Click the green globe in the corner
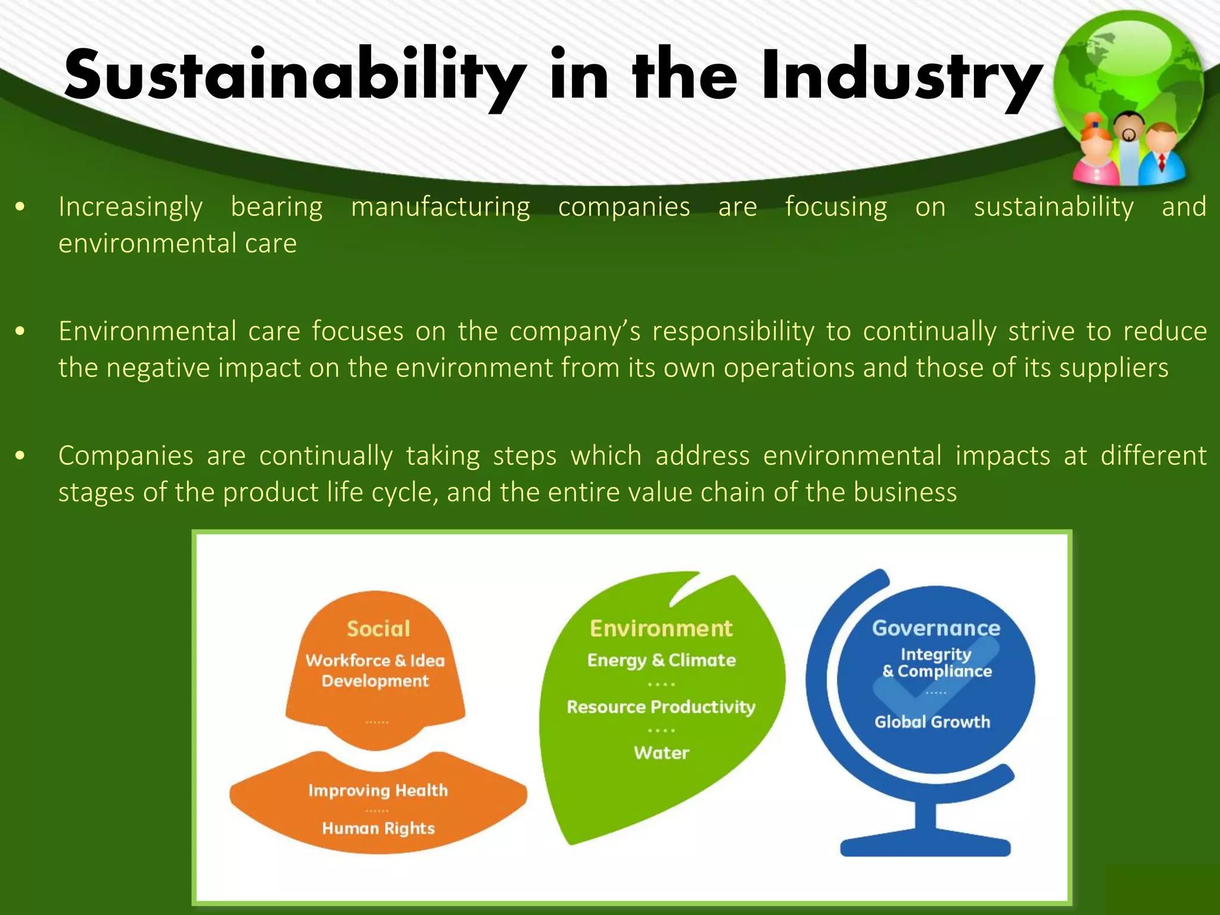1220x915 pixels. pos(1128,71)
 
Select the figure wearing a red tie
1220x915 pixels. pos(1162,154)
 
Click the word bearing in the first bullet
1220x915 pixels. pos(276,207)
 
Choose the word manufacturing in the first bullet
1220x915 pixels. pos(440,207)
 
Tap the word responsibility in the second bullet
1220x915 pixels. pos(733,332)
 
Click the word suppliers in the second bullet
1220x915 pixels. pos(1113,368)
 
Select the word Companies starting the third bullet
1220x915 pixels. pos(126,456)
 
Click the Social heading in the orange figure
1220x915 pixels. pos(378,629)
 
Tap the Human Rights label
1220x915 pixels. pos(378,828)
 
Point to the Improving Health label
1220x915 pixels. pos(378,790)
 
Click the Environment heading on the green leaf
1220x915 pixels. pos(661,628)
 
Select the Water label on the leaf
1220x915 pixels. pos(661,753)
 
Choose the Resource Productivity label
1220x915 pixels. pos(661,707)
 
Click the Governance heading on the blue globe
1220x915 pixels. pos(936,628)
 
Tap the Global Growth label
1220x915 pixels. pos(932,722)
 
